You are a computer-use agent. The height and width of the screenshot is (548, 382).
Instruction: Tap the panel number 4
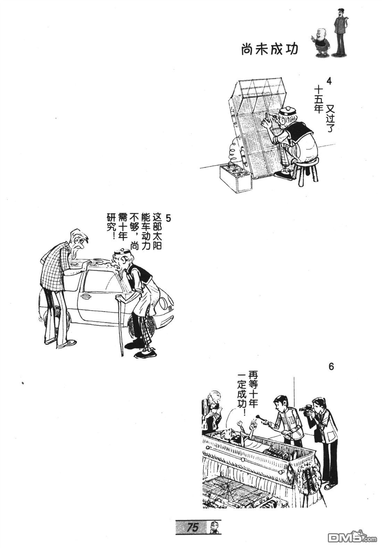tap(329, 82)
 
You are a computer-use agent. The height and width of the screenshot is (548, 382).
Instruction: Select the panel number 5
tap(168, 217)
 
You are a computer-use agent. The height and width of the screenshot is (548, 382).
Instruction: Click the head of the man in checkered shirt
tap(79, 241)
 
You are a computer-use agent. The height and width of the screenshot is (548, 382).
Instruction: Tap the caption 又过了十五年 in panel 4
tap(324, 107)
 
